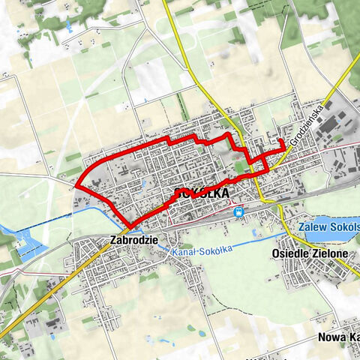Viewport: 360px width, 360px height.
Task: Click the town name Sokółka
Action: tap(200, 194)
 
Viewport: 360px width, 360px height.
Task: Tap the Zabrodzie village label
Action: tap(133, 241)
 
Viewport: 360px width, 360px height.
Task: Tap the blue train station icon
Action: tap(239, 212)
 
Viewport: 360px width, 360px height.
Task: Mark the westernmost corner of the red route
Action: tap(76, 183)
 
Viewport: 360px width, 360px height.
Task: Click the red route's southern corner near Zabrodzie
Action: tap(130, 228)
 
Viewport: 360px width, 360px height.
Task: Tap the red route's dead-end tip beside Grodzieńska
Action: tap(281, 140)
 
